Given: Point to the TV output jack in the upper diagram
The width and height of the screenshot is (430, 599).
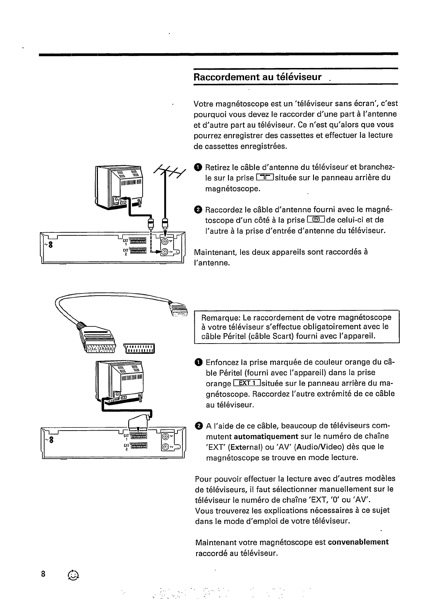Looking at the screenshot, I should [x=165, y=252].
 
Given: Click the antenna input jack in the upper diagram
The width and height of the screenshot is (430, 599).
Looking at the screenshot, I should [x=165, y=241].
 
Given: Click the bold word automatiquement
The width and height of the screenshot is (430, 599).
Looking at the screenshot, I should [x=266, y=437].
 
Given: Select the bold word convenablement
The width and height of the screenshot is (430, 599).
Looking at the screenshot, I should [x=358, y=542].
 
